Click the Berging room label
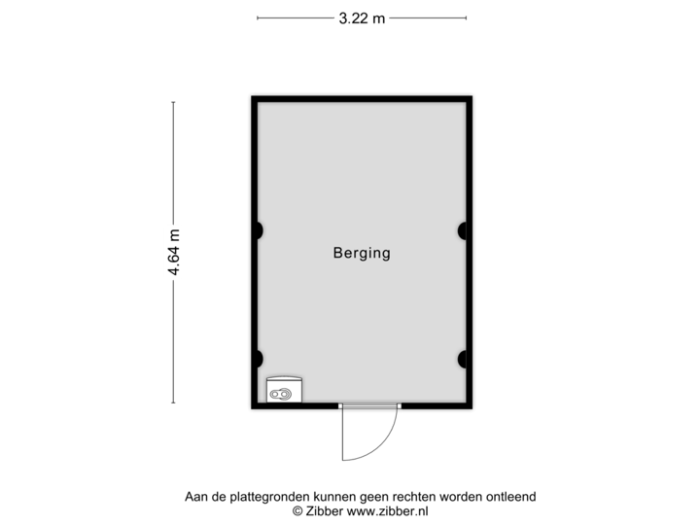click(x=362, y=254)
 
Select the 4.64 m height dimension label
click(x=174, y=253)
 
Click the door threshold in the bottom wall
click(x=369, y=405)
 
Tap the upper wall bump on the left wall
click(x=258, y=230)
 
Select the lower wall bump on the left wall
click(x=258, y=358)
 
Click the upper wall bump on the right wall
click(x=464, y=230)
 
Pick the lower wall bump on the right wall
click(x=464, y=358)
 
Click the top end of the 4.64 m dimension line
click(x=174, y=103)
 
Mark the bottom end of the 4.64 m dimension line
click(x=174, y=402)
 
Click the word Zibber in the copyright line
click(x=324, y=510)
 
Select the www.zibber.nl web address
click(x=388, y=510)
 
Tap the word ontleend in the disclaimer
click(x=511, y=497)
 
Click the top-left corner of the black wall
click(x=251, y=95)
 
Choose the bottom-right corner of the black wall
click(x=472, y=408)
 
